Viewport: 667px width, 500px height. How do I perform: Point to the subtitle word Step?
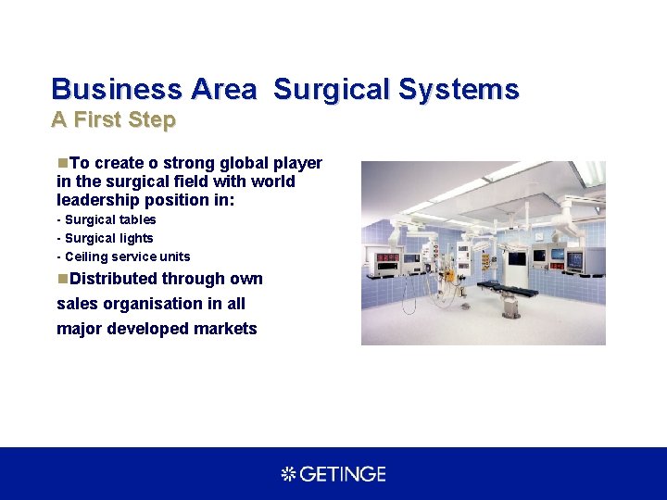154,120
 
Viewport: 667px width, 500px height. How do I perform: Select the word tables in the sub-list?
136,219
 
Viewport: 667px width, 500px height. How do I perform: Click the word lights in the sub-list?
135,238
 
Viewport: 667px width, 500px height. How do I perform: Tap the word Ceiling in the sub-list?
86,256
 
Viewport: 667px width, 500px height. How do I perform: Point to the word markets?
225,329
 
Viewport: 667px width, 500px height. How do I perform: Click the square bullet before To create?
62,163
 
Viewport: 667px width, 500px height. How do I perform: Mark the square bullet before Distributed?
62,279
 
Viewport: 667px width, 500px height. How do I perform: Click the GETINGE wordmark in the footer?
344,474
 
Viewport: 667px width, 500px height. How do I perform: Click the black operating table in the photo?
504,290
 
